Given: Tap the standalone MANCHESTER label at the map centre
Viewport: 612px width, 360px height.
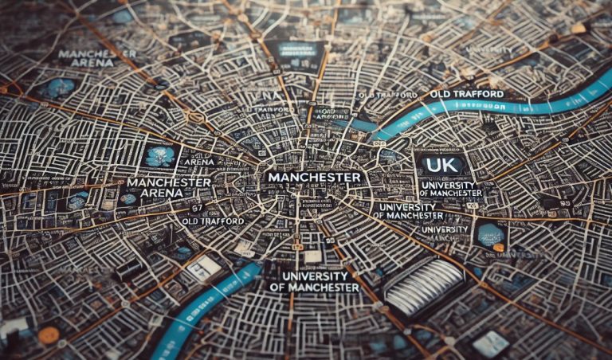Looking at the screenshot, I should pyautogui.click(x=315, y=176).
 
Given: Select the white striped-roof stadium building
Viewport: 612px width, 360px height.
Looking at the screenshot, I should pyautogui.click(x=423, y=284).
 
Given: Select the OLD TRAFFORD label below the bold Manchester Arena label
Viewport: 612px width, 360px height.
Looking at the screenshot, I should pyautogui.click(x=213, y=221).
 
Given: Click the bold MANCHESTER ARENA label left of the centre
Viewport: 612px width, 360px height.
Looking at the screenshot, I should pyautogui.click(x=168, y=188).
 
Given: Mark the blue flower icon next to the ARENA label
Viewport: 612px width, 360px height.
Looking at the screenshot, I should pyautogui.click(x=161, y=156).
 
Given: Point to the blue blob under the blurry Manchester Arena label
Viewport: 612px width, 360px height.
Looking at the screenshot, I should pyautogui.click(x=60, y=88).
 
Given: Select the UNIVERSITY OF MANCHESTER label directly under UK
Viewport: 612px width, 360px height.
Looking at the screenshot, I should pyautogui.click(x=450, y=189).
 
